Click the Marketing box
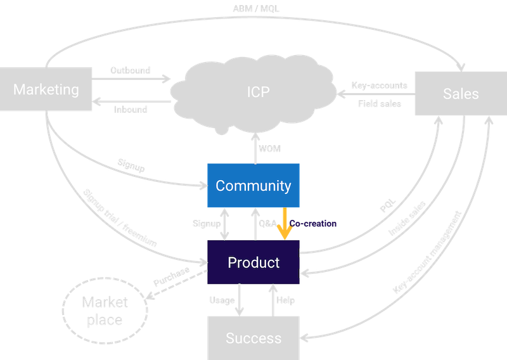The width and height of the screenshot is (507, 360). point(46,89)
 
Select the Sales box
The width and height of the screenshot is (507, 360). point(461,94)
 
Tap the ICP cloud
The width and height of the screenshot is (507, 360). point(258,92)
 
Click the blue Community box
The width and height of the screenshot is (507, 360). point(253,186)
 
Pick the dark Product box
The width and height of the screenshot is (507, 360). point(253,262)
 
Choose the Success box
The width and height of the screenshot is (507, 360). point(253,338)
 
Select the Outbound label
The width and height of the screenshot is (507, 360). point(130,70)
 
